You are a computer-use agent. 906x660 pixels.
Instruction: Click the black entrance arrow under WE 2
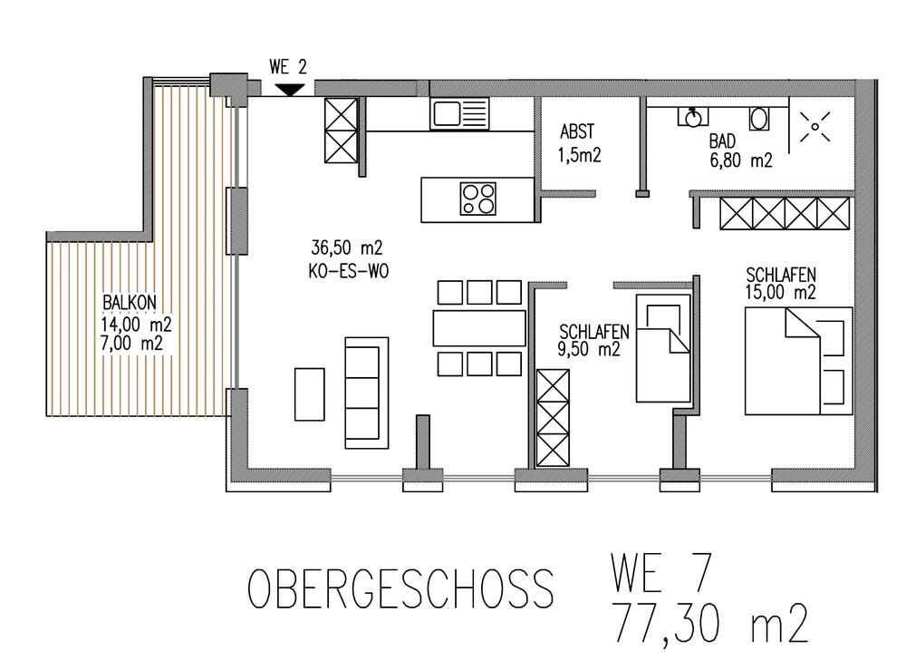click(x=289, y=89)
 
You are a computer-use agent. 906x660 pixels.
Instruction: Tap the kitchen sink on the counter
click(x=460, y=113)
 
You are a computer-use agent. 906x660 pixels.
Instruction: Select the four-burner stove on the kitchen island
click(x=477, y=198)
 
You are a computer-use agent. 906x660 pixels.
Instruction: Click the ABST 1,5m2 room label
click(x=579, y=143)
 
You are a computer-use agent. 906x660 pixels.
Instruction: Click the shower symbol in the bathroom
click(x=814, y=128)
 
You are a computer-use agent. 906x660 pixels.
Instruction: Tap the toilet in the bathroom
click(x=759, y=117)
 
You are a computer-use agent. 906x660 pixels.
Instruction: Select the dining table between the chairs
click(x=479, y=328)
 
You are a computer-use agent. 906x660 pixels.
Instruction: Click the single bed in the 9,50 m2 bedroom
click(x=664, y=348)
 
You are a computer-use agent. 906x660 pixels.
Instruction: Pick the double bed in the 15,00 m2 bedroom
click(x=797, y=361)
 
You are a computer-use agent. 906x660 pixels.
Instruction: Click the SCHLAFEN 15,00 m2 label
click(x=782, y=283)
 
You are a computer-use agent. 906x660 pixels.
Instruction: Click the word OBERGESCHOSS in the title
click(x=400, y=590)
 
